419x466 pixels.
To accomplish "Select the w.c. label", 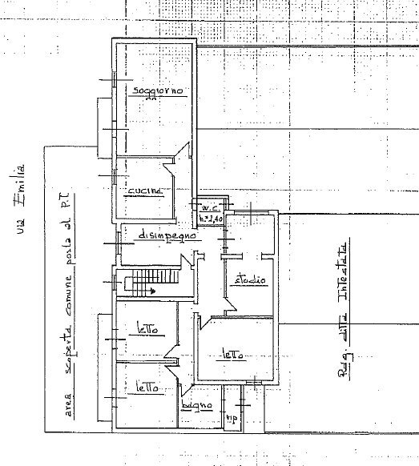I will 211,207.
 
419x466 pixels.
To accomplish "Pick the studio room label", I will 251,281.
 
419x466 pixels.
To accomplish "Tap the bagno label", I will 196,407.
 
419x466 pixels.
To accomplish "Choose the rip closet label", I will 235,419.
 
